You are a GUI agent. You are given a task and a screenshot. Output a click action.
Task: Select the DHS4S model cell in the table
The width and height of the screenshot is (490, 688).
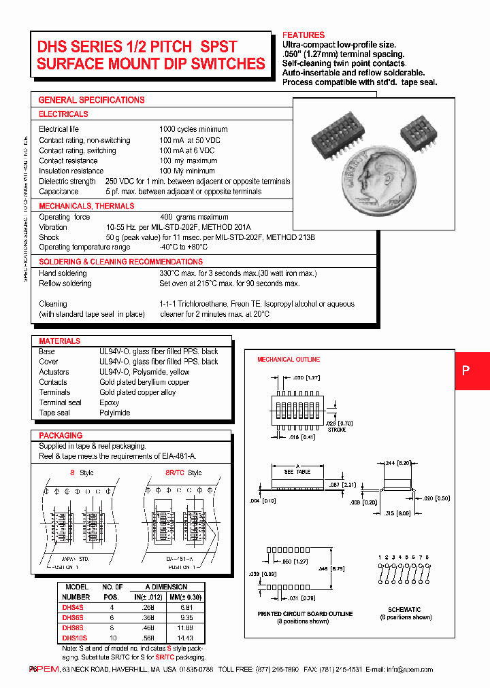(x=73, y=608)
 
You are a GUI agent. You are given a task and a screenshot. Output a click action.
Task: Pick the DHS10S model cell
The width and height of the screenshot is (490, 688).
(x=75, y=638)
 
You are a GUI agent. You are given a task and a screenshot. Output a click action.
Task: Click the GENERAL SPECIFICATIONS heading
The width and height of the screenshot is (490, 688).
(x=91, y=100)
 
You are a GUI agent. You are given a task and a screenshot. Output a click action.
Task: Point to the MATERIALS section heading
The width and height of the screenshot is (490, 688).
(x=59, y=341)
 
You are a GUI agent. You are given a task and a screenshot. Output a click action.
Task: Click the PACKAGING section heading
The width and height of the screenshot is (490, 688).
(x=61, y=435)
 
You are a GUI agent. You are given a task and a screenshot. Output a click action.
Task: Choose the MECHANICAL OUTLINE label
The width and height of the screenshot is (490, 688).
(x=288, y=359)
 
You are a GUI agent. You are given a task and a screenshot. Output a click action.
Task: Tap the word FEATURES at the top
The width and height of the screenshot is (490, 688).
(x=304, y=35)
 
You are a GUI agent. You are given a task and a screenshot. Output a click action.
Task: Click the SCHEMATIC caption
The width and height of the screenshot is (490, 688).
(x=404, y=609)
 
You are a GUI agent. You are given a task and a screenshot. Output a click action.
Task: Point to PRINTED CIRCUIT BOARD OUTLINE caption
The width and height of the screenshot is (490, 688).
(x=305, y=613)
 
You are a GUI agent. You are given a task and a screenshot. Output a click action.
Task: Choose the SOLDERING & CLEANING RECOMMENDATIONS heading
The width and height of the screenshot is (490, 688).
(x=120, y=262)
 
